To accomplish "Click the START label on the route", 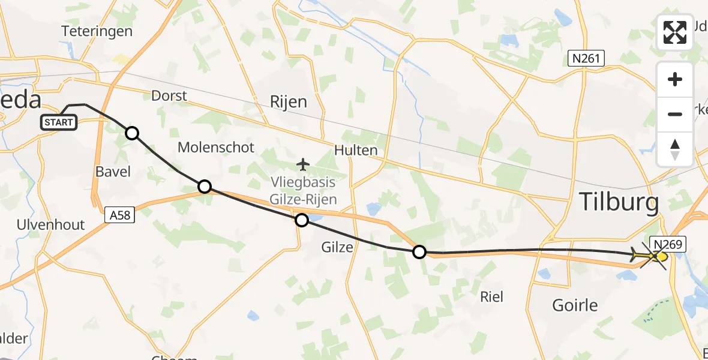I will [x=59, y=122].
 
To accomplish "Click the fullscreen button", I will [x=675, y=32].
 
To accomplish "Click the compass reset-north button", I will [x=675, y=149].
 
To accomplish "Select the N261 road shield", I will [x=586, y=58].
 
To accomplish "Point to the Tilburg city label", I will [x=619, y=203].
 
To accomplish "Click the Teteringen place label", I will [x=97, y=31].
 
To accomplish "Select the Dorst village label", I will [x=169, y=95].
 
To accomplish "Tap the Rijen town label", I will [x=289, y=101].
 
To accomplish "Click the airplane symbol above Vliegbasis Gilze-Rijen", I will [x=303, y=164].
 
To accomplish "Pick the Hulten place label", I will [x=357, y=150].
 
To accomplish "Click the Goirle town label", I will [x=575, y=305].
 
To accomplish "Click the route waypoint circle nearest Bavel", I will [x=132, y=133].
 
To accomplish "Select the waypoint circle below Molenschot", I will [x=205, y=187].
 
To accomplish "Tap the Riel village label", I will [x=492, y=296].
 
